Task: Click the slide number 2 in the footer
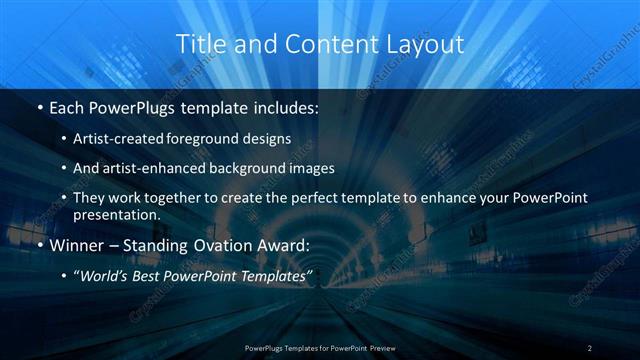click(590, 347)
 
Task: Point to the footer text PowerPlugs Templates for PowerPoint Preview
click(320, 347)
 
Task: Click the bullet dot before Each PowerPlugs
click(38, 107)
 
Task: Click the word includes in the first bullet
click(286, 107)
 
